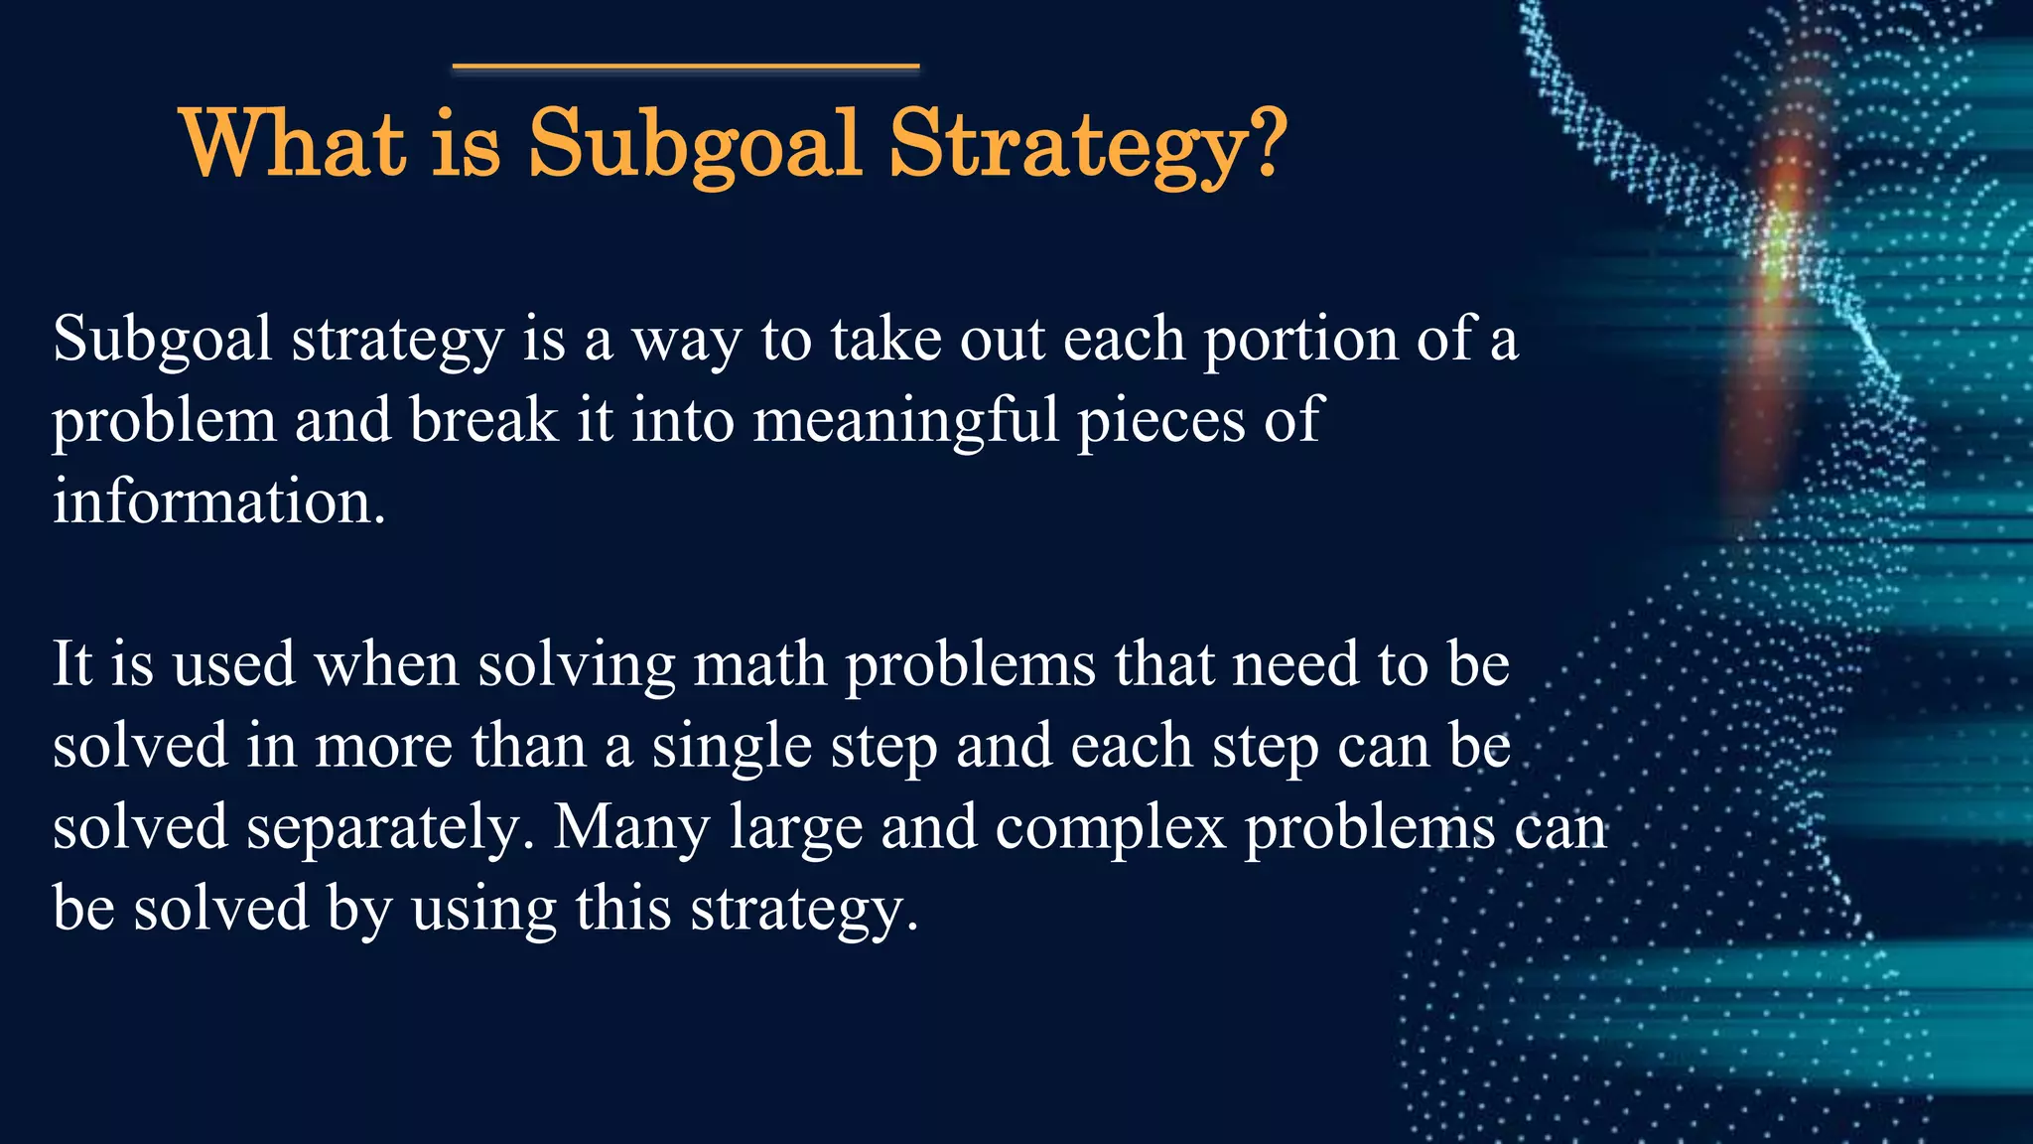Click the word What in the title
(293, 145)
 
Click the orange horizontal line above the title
(685, 67)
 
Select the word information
(218, 501)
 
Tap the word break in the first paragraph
(482, 420)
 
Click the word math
(759, 664)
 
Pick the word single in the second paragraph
(732, 748)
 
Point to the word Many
(631, 827)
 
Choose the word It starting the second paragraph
(72, 664)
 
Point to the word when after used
(386, 664)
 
